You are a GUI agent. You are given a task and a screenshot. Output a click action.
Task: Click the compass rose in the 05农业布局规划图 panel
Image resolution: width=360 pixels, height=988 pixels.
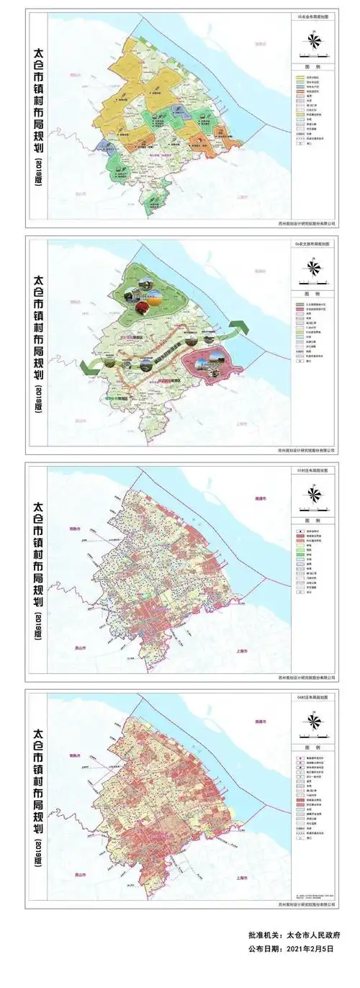[314, 45]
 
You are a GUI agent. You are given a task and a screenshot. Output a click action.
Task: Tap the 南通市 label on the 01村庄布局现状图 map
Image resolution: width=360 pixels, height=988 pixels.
[258, 499]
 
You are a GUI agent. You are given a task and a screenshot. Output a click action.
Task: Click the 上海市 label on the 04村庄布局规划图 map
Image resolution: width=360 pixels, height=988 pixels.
[243, 874]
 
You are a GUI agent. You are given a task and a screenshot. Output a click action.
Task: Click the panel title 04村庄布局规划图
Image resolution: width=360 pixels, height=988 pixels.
[312, 695]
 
